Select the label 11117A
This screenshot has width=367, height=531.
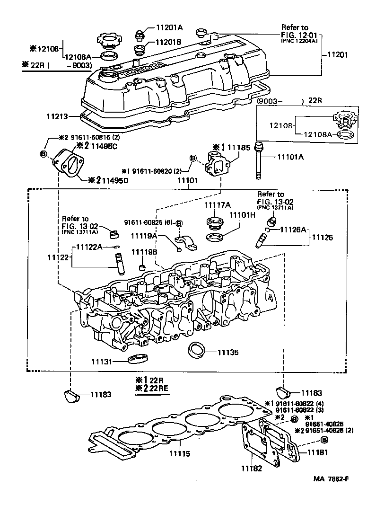pos(218,205)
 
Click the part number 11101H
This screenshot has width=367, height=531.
pos(242,215)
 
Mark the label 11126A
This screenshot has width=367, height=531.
pos(294,229)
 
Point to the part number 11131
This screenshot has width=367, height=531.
pos(103,362)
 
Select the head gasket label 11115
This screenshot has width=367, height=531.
pos(180,453)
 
